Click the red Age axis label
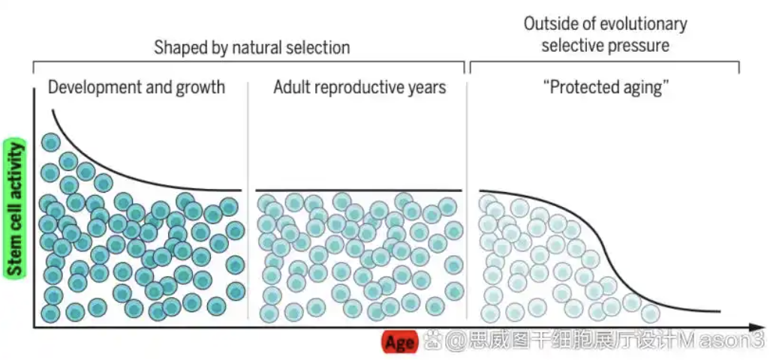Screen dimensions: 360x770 (x=400, y=343)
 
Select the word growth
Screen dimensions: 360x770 (x=200, y=87)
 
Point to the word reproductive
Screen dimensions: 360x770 (x=362, y=87)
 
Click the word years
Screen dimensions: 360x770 (x=429, y=87)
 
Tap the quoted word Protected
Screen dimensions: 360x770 (x=588, y=87)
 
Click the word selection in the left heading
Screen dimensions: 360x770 (x=320, y=47)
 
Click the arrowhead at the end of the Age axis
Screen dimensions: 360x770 (x=758, y=327)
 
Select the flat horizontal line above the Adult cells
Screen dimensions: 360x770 (x=358, y=190)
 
